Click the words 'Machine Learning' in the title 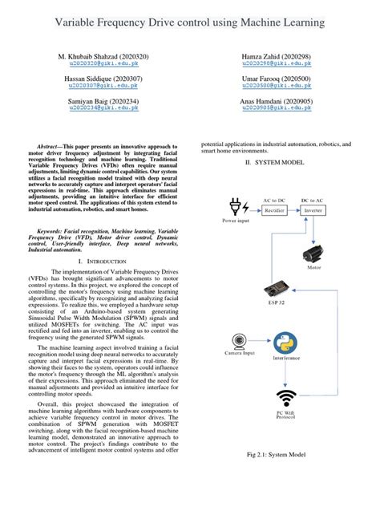pos(279,25)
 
